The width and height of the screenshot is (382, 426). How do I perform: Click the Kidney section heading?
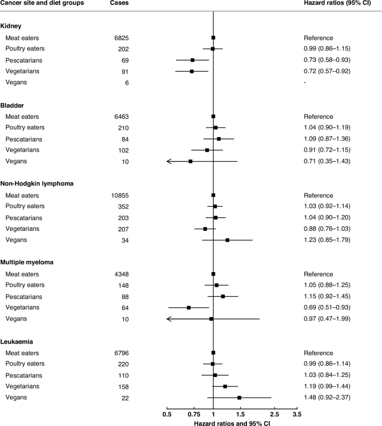pyautogui.click(x=11, y=26)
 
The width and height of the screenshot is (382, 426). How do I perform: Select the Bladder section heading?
pyautogui.click(x=13, y=105)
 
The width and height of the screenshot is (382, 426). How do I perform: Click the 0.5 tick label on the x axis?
pyautogui.click(x=167, y=415)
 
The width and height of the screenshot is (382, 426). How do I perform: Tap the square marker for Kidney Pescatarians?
pyautogui.click(x=192, y=60)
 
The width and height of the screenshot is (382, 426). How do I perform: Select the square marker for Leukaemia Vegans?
pyautogui.click(x=239, y=398)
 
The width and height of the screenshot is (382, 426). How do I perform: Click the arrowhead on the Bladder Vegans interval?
pyautogui.click(x=168, y=161)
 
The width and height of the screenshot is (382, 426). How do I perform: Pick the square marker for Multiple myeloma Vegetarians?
pyautogui.click(x=189, y=307)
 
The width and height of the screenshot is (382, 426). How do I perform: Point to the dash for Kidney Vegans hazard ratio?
pyautogui.click(x=305, y=83)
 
